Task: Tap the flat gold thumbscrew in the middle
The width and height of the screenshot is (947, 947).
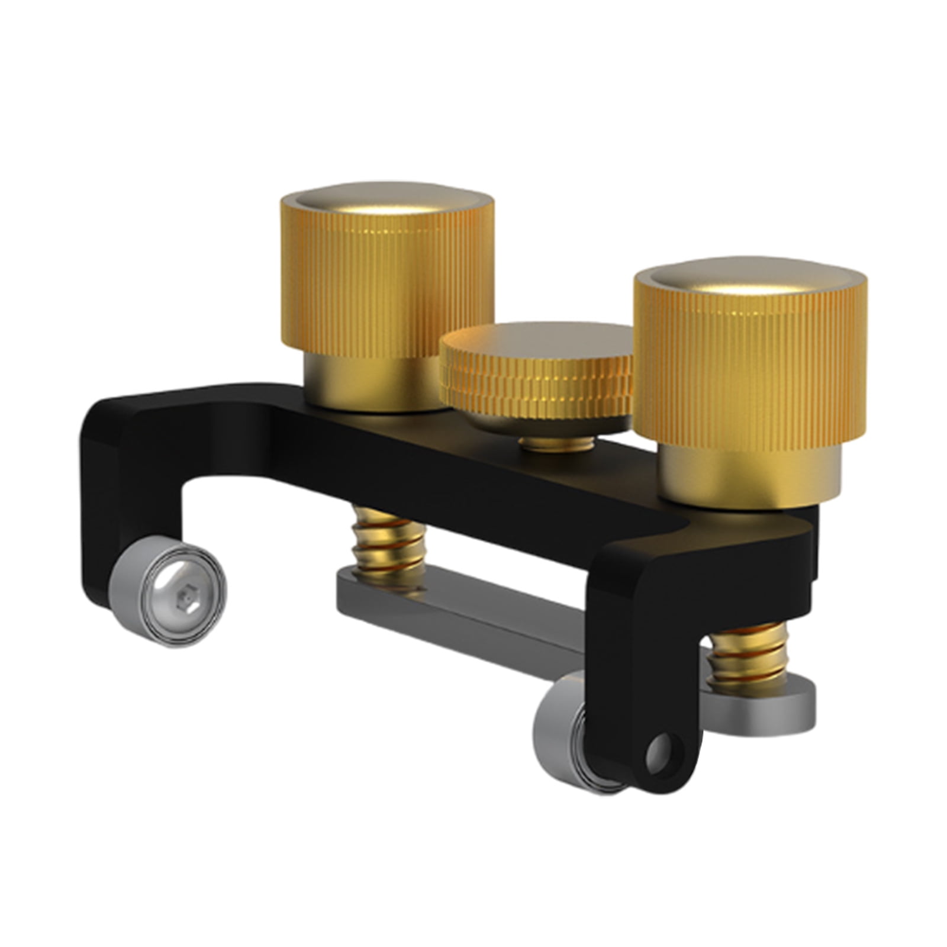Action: click(x=536, y=379)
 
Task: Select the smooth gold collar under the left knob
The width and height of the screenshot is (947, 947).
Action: click(x=373, y=385)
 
